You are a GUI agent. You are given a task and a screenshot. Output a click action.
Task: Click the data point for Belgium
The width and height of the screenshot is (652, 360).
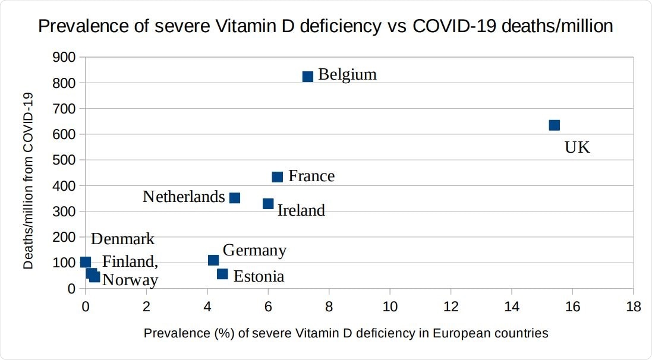[x=307, y=77]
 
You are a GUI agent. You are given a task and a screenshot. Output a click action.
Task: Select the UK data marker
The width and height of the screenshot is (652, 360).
[x=554, y=125]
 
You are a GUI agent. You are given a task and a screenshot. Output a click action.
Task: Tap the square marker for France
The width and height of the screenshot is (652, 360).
[x=277, y=177]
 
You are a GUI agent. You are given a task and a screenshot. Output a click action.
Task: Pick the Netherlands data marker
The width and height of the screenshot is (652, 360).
[x=234, y=198]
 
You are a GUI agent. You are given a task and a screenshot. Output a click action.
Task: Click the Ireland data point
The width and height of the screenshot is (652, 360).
[x=268, y=204]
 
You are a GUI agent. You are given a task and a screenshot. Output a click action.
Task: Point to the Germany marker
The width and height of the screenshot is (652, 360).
[x=213, y=260]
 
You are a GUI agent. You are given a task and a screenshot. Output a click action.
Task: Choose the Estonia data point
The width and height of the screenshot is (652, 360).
[x=222, y=274]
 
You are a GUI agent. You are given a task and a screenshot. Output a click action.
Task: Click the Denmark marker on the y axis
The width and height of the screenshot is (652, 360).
[x=86, y=262]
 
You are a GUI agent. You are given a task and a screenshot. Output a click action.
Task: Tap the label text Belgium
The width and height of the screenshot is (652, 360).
[x=347, y=75]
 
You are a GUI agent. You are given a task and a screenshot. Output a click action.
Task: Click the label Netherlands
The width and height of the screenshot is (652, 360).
[x=184, y=197]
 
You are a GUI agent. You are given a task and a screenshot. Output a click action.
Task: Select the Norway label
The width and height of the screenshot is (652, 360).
[x=130, y=280]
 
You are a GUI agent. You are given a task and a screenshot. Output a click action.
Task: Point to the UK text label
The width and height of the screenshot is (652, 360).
[x=577, y=148]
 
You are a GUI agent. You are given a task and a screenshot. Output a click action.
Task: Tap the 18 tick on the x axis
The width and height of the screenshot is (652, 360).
[x=633, y=307]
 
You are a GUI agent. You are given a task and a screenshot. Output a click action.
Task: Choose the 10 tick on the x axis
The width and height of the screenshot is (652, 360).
[x=389, y=307]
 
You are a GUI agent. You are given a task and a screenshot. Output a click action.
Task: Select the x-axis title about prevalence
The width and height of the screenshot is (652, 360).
[x=345, y=333]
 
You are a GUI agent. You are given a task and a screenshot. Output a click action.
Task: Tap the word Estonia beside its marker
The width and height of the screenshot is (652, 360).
[x=259, y=276]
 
